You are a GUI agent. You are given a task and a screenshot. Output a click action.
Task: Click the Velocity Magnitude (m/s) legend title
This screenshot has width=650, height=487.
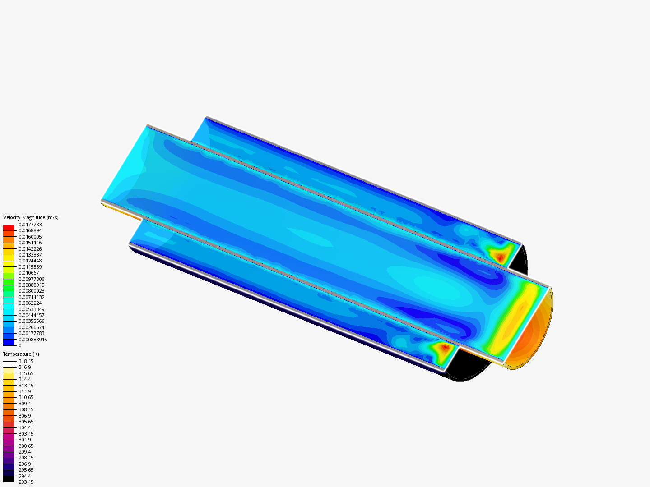(31, 217)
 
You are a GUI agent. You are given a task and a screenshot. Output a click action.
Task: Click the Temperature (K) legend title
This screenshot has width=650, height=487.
(21, 354)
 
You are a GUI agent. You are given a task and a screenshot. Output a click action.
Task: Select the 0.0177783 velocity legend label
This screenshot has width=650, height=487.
(30, 225)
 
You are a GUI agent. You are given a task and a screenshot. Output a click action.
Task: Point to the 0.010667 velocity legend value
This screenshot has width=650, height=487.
(28, 273)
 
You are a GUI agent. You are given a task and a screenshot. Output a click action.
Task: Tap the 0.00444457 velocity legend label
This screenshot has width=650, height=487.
(31, 315)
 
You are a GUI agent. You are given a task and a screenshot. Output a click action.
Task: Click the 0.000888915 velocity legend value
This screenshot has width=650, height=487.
(32, 340)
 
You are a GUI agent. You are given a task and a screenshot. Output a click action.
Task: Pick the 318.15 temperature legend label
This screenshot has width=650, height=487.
(26, 361)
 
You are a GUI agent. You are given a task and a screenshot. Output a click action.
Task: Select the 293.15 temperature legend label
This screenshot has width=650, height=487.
(26, 482)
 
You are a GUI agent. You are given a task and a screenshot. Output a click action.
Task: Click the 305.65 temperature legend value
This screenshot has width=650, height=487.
(26, 422)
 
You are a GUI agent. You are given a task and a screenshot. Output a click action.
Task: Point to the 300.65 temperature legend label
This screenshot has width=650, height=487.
(26, 446)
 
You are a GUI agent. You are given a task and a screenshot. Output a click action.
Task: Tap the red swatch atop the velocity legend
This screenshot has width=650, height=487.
(9, 228)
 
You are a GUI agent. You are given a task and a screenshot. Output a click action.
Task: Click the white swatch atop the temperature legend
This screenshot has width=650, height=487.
(9, 364)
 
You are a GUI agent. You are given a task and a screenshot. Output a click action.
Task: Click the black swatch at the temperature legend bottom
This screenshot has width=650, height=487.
(9, 479)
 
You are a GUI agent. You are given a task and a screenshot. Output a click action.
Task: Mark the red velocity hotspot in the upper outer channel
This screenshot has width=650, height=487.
(500, 257)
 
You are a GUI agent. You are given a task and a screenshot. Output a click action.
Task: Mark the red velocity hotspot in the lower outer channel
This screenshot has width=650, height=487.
(445, 347)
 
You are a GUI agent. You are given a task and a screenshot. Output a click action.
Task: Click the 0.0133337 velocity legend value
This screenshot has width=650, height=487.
(30, 255)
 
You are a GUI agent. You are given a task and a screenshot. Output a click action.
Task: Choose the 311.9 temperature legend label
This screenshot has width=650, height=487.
(24, 391)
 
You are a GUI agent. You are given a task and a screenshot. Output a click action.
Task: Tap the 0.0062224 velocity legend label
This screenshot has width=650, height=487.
(30, 303)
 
